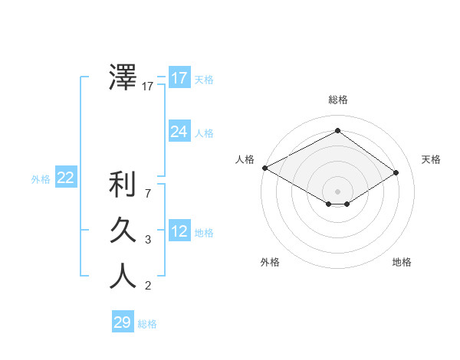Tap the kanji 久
123,231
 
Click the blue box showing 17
179,78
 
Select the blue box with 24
179,132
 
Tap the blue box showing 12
179,231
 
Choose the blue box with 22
66,178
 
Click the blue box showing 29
123,322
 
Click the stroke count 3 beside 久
148,240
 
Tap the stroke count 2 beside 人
148,286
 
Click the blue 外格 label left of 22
41,179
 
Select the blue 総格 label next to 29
147,324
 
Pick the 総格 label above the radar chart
337,100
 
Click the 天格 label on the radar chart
431,159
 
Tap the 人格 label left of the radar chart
245,159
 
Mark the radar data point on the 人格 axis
264,167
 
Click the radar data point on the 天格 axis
396,172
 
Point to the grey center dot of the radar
337,191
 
